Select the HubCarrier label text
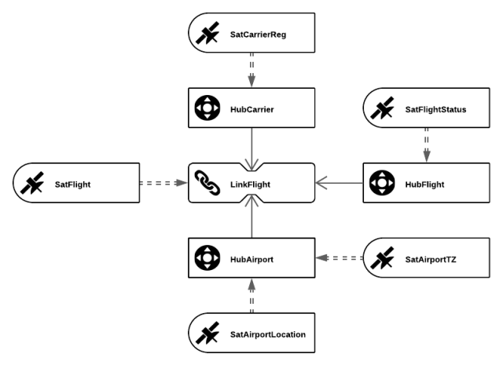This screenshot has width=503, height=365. [x=251, y=110]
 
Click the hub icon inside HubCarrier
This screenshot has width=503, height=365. [x=207, y=109]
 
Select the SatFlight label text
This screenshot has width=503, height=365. [x=72, y=185]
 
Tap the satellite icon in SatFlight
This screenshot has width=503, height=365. [x=32, y=184]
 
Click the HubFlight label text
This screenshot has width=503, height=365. [x=424, y=185]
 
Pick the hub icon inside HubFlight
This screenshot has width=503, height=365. [x=381, y=184]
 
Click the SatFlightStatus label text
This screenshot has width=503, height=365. [x=435, y=110]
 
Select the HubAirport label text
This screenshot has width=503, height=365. [x=251, y=259]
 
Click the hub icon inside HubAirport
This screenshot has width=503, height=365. [x=207, y=258]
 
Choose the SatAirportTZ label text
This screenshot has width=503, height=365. [x=430, y=259]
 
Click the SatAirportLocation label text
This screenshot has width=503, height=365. [x=267, y=334]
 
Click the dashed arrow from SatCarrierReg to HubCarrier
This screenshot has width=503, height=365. [x=251, y=71]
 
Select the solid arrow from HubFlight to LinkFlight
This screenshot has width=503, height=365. [x=340, y=184]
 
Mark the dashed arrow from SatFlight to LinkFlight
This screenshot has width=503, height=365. [x=163, y=184]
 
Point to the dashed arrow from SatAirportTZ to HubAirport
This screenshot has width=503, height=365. [x=340, y=257]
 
